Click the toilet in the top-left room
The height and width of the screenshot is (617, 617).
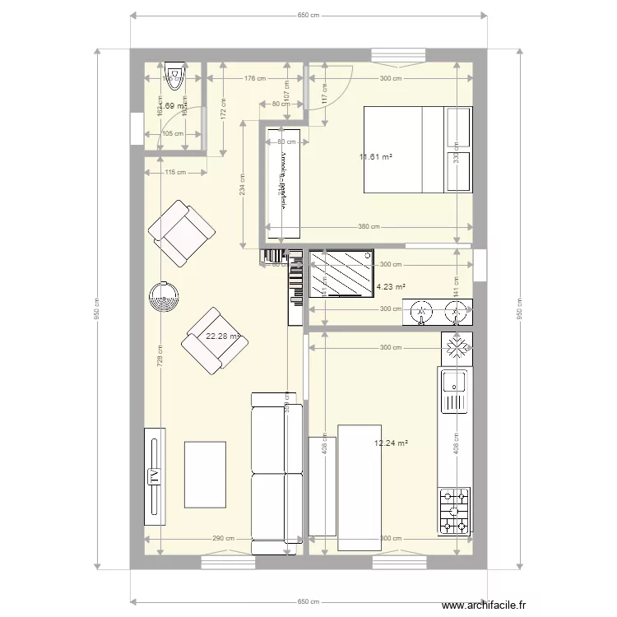point(174,76)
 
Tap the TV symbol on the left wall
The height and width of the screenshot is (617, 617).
point(154,476)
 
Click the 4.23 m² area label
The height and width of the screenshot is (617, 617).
point(392,287)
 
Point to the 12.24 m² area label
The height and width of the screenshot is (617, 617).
point(391,443)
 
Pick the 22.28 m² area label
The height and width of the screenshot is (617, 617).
point(223,336)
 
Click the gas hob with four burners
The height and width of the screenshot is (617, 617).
point(455,510)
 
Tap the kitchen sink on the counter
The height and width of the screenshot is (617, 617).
point(454,391)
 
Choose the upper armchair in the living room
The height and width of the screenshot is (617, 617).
point(182,233)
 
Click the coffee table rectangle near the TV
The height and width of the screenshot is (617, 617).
point(205,475)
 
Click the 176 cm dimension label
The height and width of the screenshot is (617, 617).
point(255,79)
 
